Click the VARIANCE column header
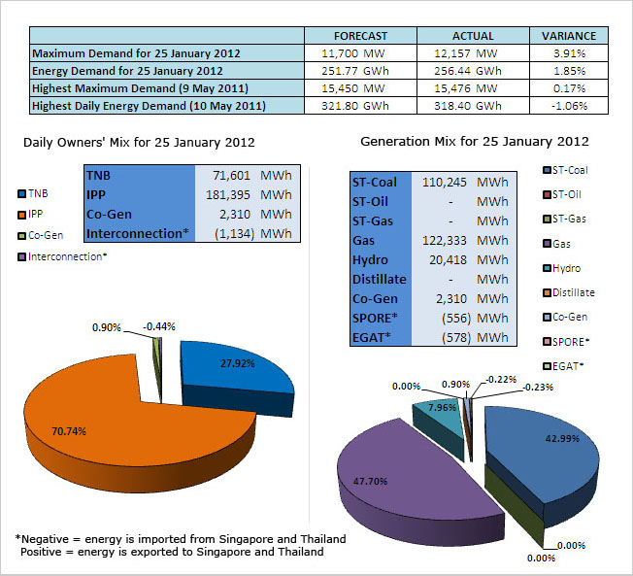[569, 36]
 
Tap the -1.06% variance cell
[568, 106]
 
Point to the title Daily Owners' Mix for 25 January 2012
[139, 142]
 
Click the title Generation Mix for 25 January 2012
[475, 142]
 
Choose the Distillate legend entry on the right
[573, 292]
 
